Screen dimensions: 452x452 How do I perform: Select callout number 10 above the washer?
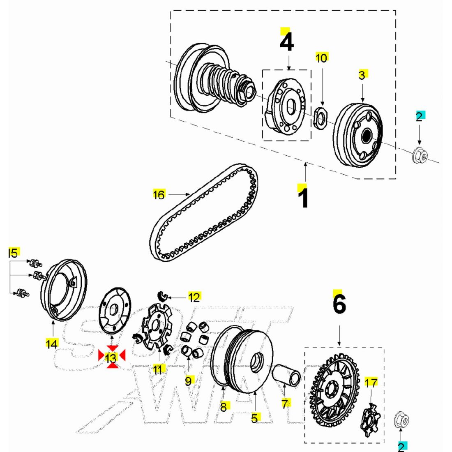click(321, 58)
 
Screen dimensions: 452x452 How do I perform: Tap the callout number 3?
click(362, 75)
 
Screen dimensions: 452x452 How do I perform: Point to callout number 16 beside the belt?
click(159, 194)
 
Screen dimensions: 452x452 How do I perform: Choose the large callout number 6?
click(339, 304)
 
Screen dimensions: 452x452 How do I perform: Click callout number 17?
click(371, 383)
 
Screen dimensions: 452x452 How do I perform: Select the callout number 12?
click(194, 297)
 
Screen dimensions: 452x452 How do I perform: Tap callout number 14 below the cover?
click(52, 344)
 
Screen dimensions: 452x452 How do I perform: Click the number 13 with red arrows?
click(111, 358)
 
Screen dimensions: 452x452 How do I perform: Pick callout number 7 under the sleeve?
click(285, 403)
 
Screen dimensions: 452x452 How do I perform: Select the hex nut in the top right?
click(419, 155)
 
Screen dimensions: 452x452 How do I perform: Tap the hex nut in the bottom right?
click(401, 420)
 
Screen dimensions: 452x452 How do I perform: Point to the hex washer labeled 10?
click(321, 118)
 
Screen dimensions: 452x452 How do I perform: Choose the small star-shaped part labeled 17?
click(371, 421)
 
